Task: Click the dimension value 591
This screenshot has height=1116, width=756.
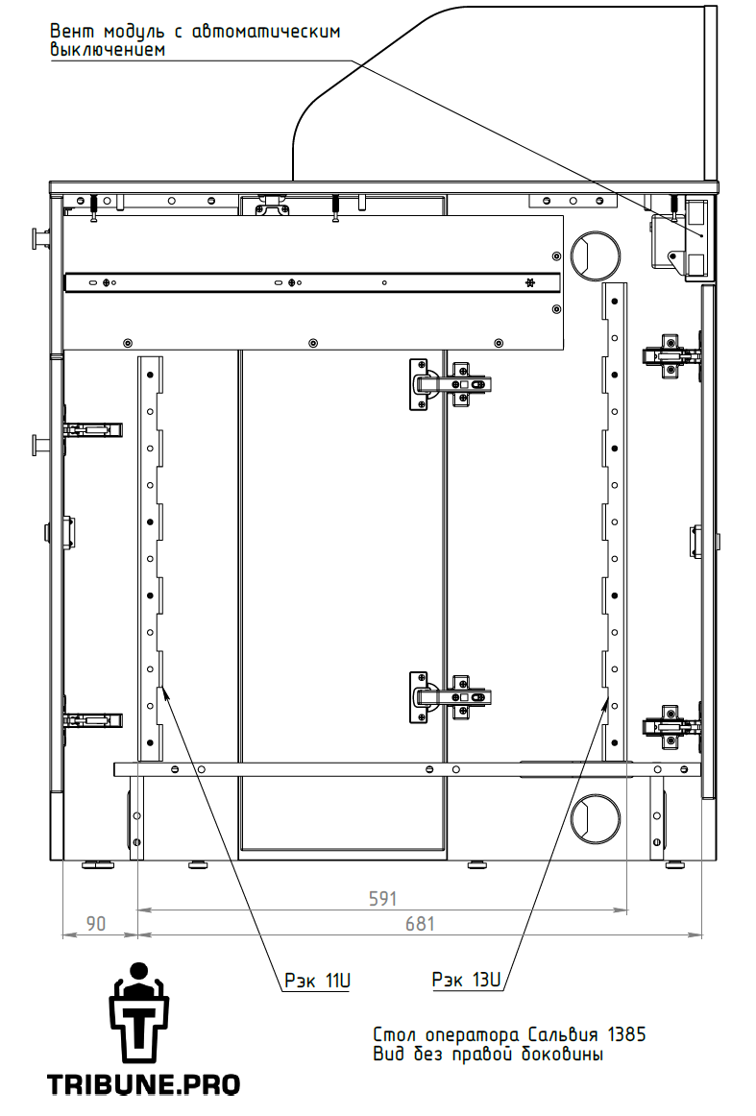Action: [x=382, y=898]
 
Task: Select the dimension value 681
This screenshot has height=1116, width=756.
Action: [x=419, y=924]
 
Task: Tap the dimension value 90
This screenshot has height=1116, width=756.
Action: [x=95, y=923]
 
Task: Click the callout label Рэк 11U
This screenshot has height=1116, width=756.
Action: [x=318, y=980]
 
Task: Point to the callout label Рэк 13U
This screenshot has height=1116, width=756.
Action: [x=466, y=980]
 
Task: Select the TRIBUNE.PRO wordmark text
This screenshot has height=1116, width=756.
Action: [x=143, y=1084]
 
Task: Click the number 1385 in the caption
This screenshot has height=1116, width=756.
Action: [x=626, y=1034]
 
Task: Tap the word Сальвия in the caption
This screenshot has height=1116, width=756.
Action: [x=565, y=1034]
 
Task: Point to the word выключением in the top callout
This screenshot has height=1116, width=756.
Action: [x=108, y=50]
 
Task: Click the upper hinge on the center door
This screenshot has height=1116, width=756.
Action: [x=450, y=384]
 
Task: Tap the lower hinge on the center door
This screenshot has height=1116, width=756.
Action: [x=450, y=697]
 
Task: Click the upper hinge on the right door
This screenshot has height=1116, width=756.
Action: [x=671, y=354]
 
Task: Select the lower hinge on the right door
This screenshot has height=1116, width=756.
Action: [x=671, y=727]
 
